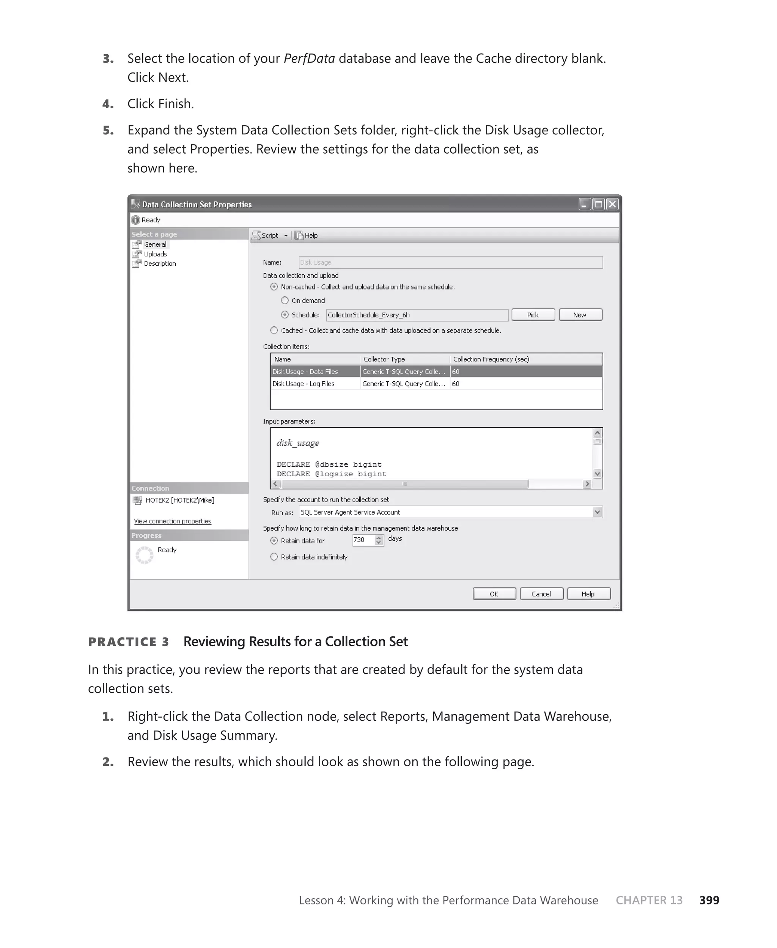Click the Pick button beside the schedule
533,315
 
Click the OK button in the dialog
494,594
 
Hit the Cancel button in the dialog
541,594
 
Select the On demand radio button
285,300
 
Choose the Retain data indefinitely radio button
274,557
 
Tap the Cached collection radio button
274,330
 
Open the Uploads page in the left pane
155,254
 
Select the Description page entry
159,264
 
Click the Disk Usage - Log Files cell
304,384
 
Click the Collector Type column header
384,359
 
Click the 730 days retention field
363,540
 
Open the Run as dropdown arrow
597,512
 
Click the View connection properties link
172,521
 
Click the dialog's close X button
612,204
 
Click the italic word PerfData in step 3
309,59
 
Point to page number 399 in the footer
709,900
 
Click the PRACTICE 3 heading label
129,641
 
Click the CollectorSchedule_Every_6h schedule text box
416,315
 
